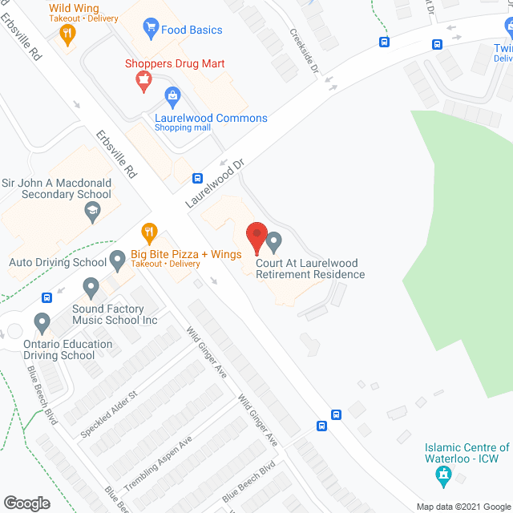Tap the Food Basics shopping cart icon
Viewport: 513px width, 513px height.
tap(149, 30)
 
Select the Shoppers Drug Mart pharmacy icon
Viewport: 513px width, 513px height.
tap(143, 79)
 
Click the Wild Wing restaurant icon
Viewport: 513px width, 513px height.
tap(67, 34)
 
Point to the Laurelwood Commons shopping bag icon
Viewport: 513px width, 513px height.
tap(172, 98)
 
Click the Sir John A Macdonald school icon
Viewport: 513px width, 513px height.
tap(93, 212)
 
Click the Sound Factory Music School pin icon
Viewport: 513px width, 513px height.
tap(90, 286)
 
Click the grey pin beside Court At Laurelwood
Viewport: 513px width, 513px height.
tap(275, 240)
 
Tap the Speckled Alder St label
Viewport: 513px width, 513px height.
tap(109, 414)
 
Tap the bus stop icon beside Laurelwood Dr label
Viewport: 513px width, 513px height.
tap(197, 178)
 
